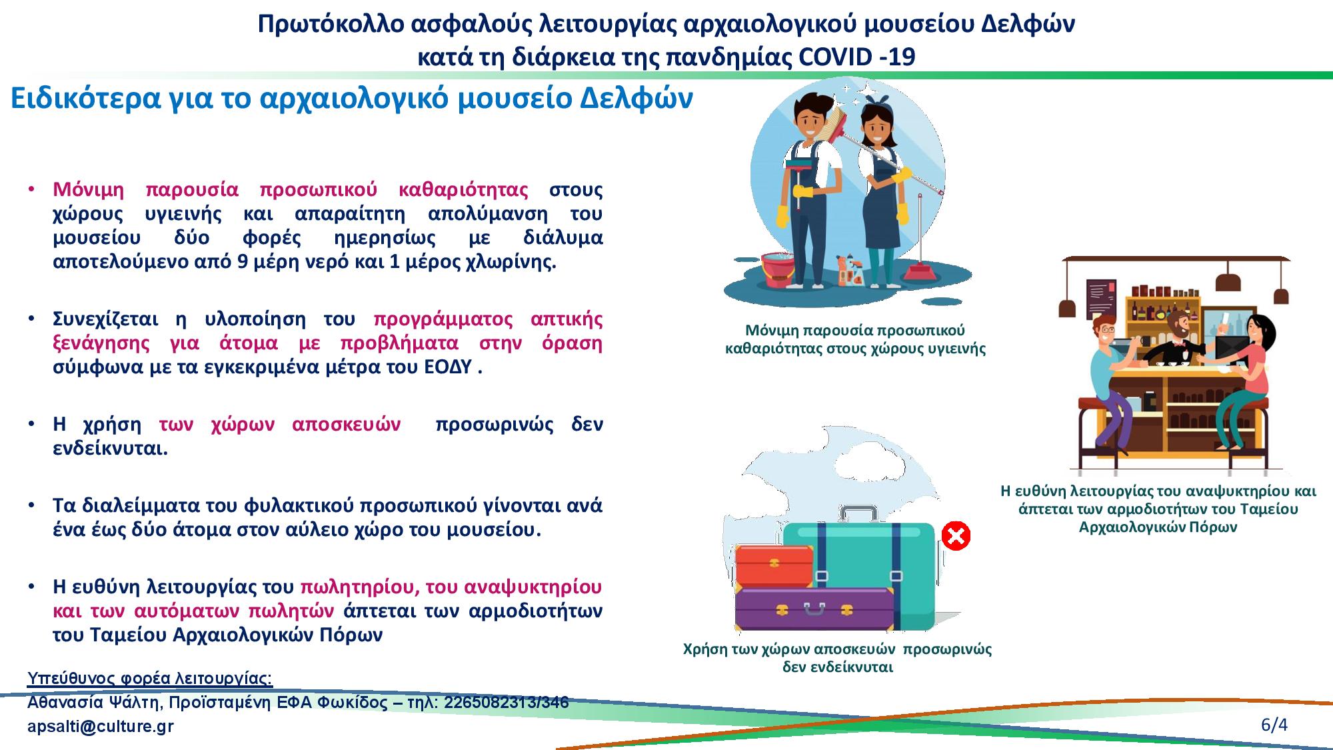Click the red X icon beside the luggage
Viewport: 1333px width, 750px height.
(956, 536)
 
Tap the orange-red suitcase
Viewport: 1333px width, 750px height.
(774, 566)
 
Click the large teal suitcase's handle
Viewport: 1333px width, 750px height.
(859, 514)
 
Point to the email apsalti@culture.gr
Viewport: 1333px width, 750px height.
(101, 727)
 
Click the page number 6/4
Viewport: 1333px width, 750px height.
(1274, 725)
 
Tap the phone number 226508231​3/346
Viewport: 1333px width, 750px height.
(506, 703)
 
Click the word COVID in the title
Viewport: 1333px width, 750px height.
(834, 57)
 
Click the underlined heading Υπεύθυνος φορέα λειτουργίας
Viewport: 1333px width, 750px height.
(150, 679)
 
